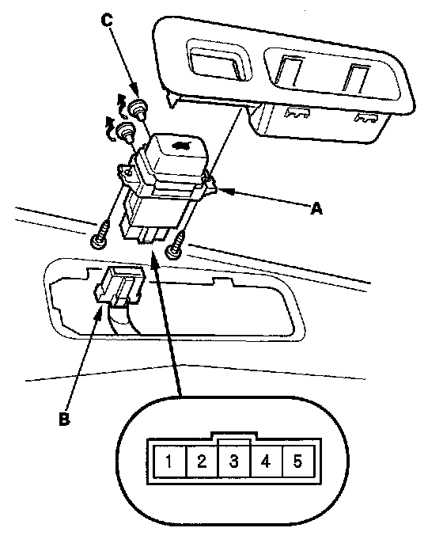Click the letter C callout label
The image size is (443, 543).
[108, 21]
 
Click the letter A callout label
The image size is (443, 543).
[316, 209]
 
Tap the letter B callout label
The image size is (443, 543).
[64, 420]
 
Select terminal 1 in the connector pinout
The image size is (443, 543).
[169, 461]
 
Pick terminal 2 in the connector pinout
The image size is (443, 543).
[202, 461]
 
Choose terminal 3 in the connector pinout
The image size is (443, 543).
[234, 461]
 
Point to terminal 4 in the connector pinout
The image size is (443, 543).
[266, 461]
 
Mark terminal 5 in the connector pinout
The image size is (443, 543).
[298, 461]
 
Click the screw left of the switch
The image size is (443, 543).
[100, 235]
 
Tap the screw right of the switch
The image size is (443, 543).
[176, 247]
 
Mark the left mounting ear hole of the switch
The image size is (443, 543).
[128, 172]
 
